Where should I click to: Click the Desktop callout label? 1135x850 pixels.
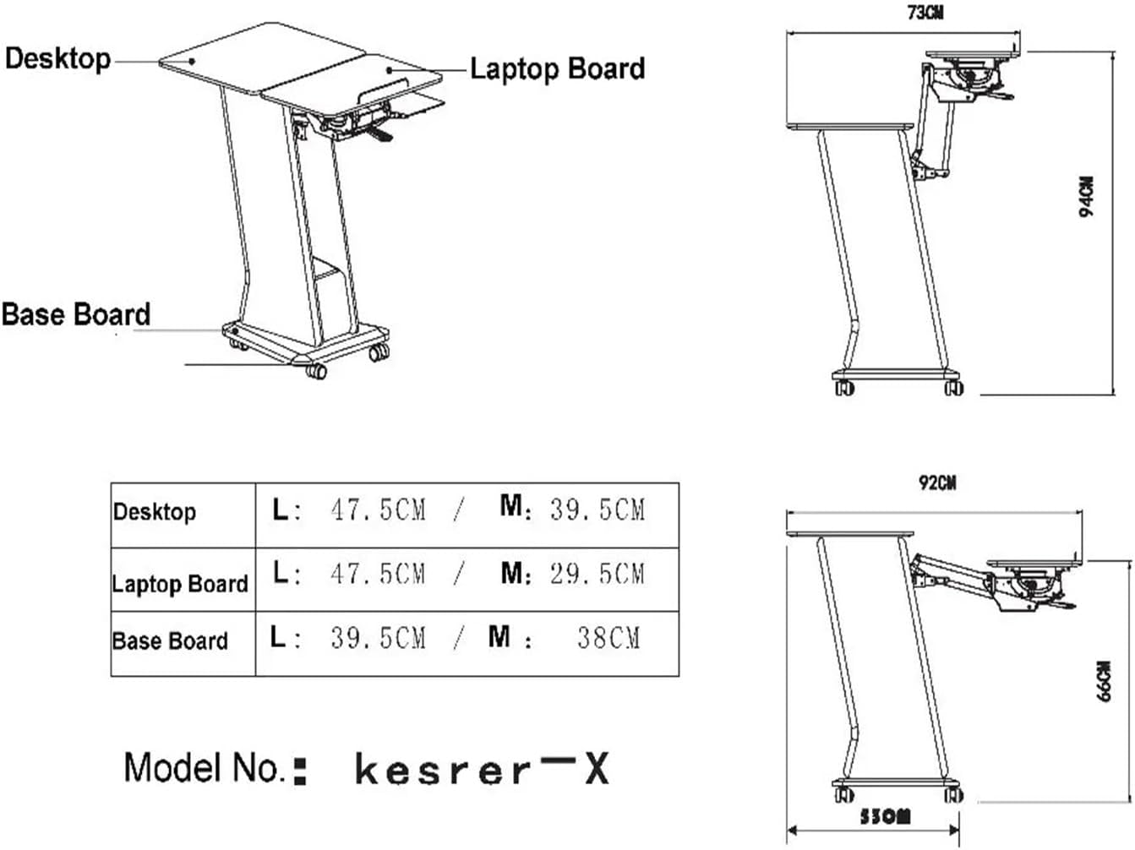[57, 58]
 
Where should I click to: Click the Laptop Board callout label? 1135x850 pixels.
[557, 68]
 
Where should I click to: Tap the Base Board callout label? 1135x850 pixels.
[76, 314]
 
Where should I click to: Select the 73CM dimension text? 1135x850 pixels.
[926, 13]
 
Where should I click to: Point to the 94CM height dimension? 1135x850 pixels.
[1088, 197]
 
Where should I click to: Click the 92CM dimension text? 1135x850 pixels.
[937, 482]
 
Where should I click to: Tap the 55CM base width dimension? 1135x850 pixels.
[885, 817]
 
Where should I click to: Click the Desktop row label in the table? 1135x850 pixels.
[155, 512]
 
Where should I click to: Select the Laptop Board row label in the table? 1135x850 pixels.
[180, 584]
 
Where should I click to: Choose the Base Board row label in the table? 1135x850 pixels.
[170, 641]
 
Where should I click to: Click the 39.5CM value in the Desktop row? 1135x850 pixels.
[597, 509]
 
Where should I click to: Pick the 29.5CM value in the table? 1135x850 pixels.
[597, 574]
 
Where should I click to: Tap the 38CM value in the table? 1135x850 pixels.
[608, 637]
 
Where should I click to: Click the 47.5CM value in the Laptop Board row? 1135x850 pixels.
[378, 574]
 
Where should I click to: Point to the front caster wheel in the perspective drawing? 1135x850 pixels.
[315, 371]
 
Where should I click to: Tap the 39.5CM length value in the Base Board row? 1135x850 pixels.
[378, 637]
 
